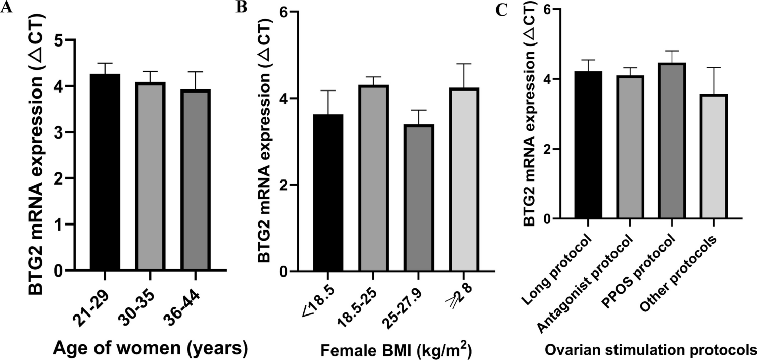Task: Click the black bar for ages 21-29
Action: (x=105, y=172)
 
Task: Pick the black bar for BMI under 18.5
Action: (x=328, y=193)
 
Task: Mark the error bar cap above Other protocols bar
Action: (x=712, y=67)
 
